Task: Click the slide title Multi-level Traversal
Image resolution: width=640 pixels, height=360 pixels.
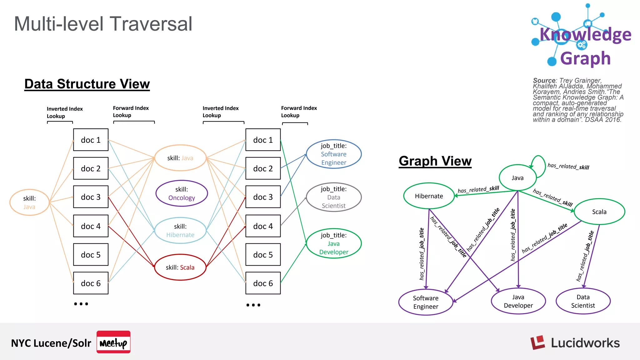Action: click(103, 24)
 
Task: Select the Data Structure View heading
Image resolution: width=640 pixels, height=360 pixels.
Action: click(87, 84)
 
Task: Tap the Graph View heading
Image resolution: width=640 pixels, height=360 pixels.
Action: click(435, 161)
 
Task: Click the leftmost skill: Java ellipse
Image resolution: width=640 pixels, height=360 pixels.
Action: click(29, 202)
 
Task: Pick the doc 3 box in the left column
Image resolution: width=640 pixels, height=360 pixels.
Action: click(91, 197)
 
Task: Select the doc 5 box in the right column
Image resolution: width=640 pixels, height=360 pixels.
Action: click(263, 255)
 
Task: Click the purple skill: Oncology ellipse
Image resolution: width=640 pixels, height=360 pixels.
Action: click(182, 193)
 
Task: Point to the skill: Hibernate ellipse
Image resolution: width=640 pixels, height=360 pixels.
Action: click(180, 230)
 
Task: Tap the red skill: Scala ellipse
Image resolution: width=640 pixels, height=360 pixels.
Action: click(180, 267)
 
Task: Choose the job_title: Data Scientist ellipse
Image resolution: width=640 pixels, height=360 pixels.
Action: click(334, 197)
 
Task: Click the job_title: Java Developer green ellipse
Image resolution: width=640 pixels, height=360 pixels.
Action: click(334, 243)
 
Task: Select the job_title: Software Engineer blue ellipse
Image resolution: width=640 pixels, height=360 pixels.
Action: click(334, 154)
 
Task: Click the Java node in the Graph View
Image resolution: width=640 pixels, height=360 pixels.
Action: click(517, 178)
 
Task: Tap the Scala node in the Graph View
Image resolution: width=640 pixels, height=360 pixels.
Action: click(599, 212)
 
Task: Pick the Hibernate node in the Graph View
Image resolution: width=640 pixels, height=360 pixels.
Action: click(429, 196)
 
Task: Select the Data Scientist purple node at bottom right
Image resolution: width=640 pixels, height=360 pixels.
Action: click(583, 301)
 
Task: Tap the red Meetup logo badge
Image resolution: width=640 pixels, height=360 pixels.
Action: click(113, 342)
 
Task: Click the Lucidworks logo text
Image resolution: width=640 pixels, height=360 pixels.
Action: click(585, 343)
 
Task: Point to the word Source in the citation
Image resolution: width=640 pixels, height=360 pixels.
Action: click(544, 80)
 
